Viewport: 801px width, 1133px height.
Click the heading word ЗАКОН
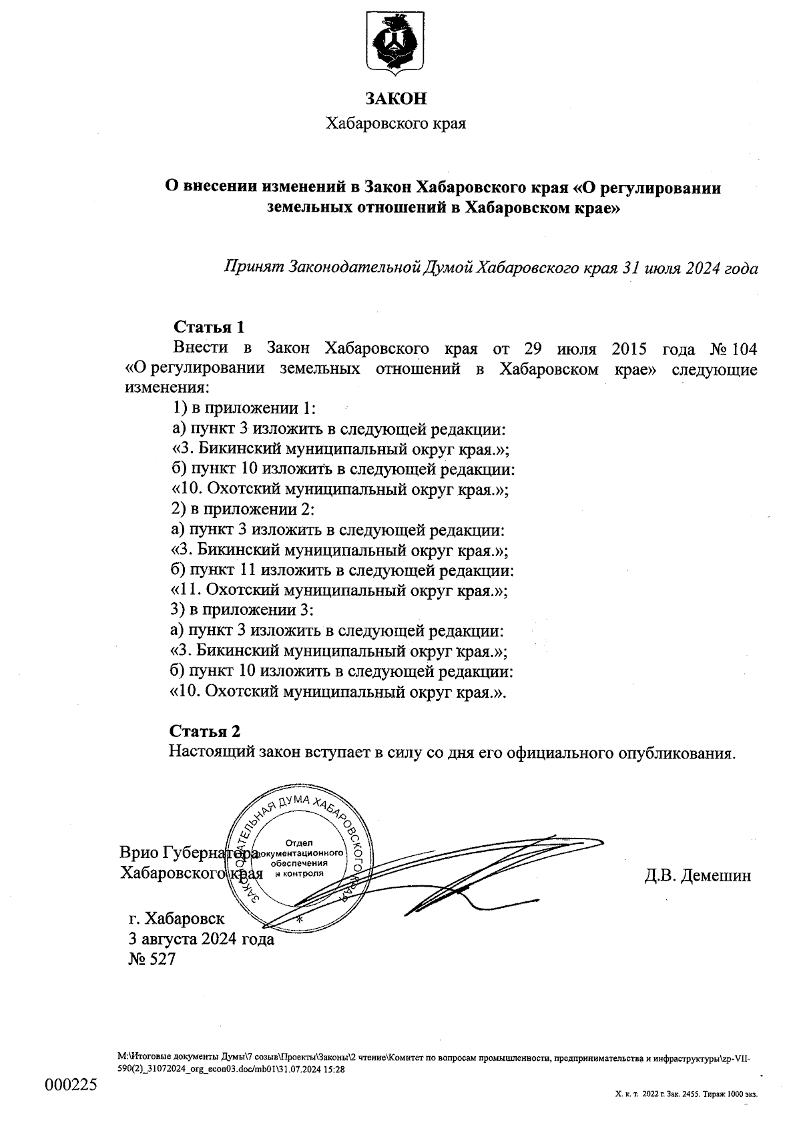[x=395, y=99]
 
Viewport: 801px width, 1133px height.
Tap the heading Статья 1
[x=209, y=327]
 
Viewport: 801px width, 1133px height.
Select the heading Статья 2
[x=204, y=730]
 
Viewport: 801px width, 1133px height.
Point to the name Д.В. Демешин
[x=698, y=875]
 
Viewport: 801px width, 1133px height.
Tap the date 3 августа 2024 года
[x=201, y=939]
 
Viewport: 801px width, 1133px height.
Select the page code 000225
[x=71, y=1085]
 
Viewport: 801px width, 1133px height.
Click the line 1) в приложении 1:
[x=244, y=408]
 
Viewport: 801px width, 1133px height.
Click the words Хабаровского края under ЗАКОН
[x=394, y=124]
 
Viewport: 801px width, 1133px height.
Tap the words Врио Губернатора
[x=188, y=853]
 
